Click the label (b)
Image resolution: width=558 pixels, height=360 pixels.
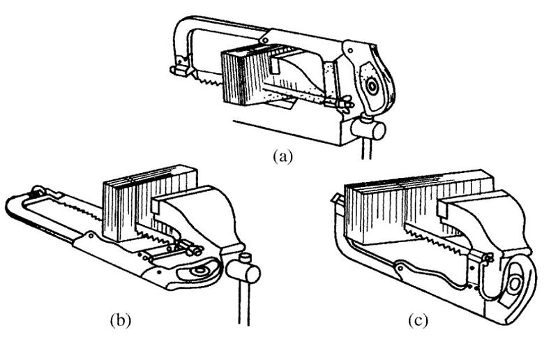pos(118,322)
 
